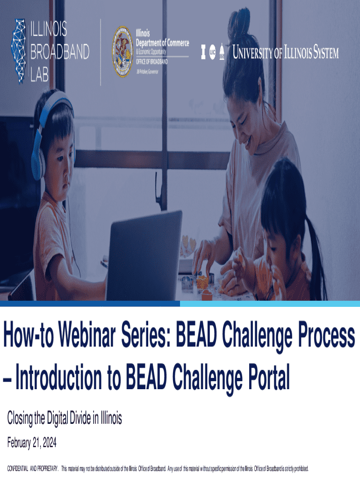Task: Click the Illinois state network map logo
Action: tap(19, 51)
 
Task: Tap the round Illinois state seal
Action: tap(122, 51)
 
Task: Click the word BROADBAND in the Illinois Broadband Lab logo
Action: tap(60, 51)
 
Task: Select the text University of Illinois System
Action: tap(286, 52)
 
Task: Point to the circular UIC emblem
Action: tap(213, 52)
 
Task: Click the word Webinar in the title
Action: tap(87, 335)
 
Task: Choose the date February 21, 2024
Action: tap(32, 443)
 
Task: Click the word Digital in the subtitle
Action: tap(58, 418)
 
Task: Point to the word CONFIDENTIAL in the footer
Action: tap(18, 469)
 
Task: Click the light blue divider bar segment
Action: tap(270, 304)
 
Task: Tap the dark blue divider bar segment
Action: tap(90, 304)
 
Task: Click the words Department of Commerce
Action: tap(162, 43)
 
